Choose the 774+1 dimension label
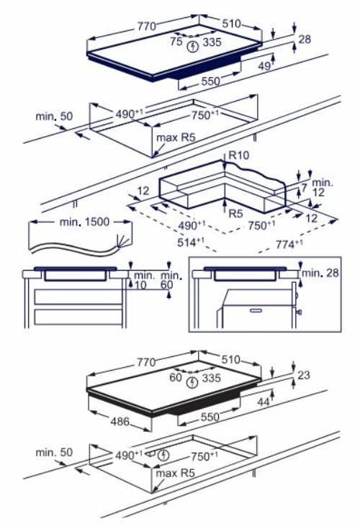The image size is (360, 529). [x=288, y=246]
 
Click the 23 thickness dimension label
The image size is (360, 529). [x=304, y=374]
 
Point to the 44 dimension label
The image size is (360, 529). [x=264, y=402]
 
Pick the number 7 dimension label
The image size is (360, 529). [x=304, y=186]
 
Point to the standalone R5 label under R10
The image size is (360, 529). [x=235, y=214]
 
